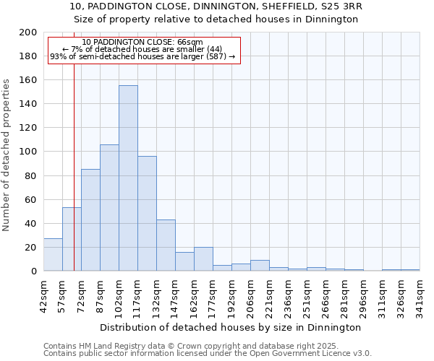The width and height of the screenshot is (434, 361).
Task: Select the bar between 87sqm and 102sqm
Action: tap(109, 208)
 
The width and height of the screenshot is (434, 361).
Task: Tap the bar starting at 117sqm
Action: tap(147, 214)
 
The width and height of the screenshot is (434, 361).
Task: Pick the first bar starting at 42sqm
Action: tap(53, 255)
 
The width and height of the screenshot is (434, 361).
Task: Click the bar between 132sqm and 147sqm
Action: tap(166, 245)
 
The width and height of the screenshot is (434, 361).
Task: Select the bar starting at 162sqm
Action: tap(203, 259)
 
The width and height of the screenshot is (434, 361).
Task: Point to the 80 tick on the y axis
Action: tap(30, 175)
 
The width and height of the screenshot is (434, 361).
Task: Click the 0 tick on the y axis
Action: tap(33, 271)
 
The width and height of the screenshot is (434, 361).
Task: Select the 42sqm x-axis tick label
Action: tap(43, 293)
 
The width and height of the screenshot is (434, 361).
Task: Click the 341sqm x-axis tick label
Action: tap(420, 293)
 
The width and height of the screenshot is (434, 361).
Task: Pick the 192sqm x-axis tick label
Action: tap(231, 293)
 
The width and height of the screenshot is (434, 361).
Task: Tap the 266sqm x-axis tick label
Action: tap(325, 293)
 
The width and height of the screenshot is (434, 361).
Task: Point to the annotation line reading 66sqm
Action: tap(142, 43)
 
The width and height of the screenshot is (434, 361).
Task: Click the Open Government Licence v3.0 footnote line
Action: tap(208, 353)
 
